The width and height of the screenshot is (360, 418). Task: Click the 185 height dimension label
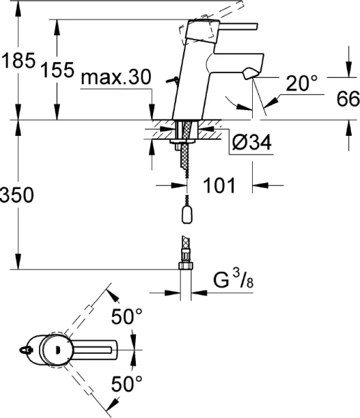pos(17,61)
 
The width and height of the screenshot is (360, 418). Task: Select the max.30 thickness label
pos(115,78)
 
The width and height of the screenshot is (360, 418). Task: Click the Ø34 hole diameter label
pos(250,144)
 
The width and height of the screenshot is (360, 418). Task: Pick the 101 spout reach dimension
pos(219,186)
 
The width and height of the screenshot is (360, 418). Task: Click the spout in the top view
pos(101,348)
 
